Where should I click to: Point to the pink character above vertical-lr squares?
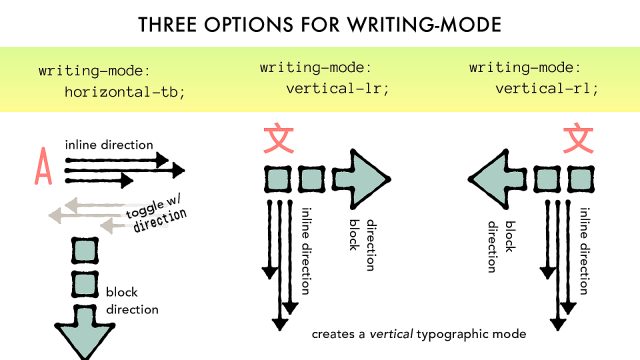click(x=277, y=139)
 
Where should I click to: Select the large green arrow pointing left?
click(x=499, y=179)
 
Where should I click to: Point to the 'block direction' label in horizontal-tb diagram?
click(x=131, y=300)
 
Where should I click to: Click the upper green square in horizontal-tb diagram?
click(x=84, y=250)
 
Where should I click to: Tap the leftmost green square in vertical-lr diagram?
click(x=277, y=180)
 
